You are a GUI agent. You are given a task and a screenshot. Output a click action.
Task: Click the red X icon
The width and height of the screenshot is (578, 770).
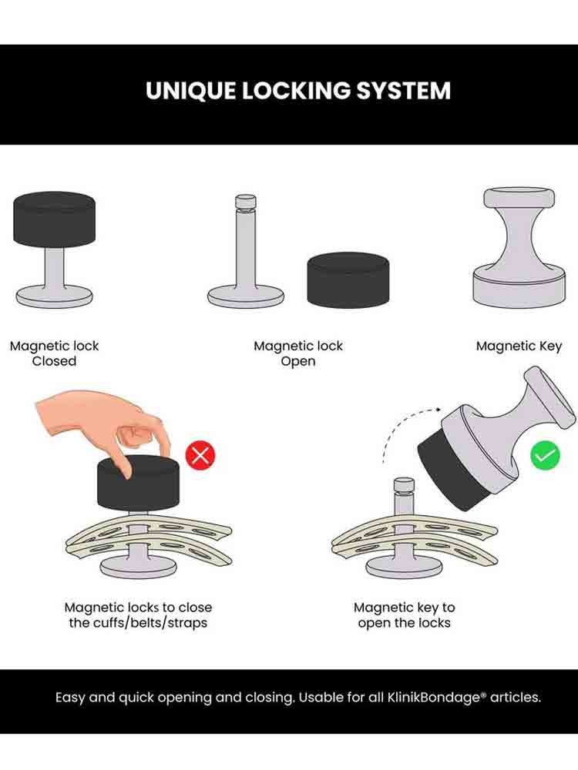tap(200, 456)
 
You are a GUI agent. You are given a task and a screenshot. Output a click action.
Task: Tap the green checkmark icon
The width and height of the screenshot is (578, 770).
tap(545, 455)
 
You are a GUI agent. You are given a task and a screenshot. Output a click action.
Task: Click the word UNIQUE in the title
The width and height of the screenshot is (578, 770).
tap(190, 91)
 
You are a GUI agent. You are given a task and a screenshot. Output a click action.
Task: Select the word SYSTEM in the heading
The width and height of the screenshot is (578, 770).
tap(403, 91)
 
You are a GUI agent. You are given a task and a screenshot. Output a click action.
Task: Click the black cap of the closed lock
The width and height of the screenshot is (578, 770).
tap(54, 219)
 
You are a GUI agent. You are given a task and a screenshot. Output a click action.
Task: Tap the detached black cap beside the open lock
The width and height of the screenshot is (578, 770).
tap(348, 280)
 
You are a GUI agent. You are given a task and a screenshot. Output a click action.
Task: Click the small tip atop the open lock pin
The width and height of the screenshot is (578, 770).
tap(246, 202)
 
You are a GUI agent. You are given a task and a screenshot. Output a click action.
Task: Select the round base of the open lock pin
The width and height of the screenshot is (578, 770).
tap(246, 297)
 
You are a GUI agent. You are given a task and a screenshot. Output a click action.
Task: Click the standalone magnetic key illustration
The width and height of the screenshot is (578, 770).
tap(519, 247)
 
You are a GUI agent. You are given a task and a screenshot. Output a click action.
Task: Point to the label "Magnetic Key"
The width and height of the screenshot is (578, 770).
tap(519, 346)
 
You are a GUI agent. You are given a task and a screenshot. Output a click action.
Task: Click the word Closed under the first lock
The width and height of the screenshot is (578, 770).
tap(54, 361)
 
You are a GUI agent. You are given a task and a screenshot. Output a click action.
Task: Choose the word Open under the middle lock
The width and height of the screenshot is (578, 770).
tap(297, 361)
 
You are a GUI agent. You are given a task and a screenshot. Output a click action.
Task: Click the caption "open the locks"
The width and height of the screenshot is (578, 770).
tap(404, 623)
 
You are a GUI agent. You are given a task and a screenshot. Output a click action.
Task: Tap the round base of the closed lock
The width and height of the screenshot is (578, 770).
tap(54, 297)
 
